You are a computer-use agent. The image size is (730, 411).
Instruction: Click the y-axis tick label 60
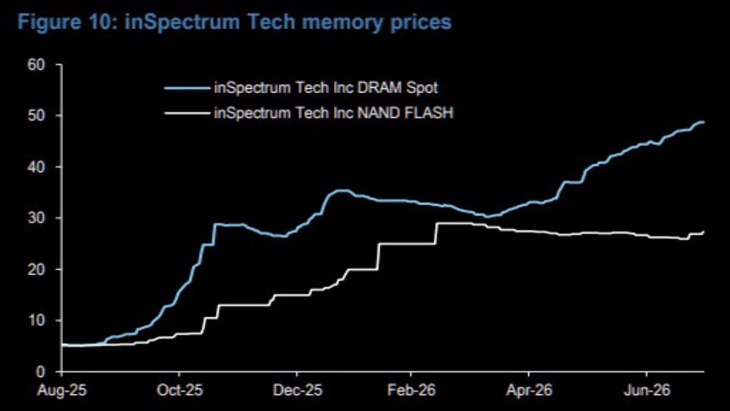pyautogui.click(x=36, y=65)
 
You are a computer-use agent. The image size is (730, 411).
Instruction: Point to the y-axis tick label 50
pyautogui.click(x=36, y=116)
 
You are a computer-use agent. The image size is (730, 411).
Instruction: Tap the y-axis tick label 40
pyautogui.click(x=36, y=167)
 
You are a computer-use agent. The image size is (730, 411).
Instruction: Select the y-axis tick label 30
pyautogui.click(x=36, y=218)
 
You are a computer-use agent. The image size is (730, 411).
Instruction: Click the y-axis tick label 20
pyautogui.click(x=36, y=269)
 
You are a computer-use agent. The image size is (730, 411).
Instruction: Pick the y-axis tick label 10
pyautogui.click(x=36, y=321)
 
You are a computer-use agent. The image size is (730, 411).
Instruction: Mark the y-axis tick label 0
pyautogui.click(x=40, y=372)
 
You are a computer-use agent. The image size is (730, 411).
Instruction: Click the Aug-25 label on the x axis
pyautogui.click(x=62, y=390)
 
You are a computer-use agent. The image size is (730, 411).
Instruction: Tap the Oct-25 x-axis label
pyautogui.click(x=179, y=390)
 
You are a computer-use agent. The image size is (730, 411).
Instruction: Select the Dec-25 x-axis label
pyautogui.click(x=297, y=390)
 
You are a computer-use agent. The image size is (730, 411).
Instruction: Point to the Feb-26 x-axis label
pyautogui.click(x=412, y=390)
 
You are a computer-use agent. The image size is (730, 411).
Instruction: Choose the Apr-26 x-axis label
pyautogui.click(x=529, y=390)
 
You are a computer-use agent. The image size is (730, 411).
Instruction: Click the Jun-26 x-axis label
pyautogui.click(x=647, y=390)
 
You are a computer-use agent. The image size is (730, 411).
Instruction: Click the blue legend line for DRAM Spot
pyautogui.click(x=187, y=88)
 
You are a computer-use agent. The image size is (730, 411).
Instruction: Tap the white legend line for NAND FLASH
pyautogui.click(x=187, y=113)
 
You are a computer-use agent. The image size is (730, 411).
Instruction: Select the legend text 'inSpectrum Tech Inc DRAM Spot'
pyautogui.click(x=326, y=88)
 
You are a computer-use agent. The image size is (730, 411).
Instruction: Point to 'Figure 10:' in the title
pyautogui.click(x=68, y=22)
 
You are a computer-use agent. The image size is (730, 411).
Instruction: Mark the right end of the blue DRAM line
pyautogui.click(x=704, y=122)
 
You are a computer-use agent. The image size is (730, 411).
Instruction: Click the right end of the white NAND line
pyautogui.click(x=704, y=231)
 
